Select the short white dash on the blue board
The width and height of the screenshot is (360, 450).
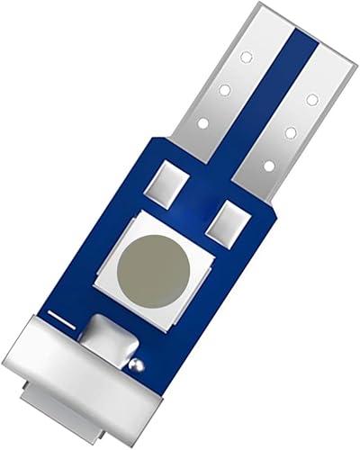click(x=61, y=319)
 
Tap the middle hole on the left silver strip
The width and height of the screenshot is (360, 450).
click(x=224, y=89)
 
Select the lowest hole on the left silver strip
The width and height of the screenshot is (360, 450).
click(x=202, y=123)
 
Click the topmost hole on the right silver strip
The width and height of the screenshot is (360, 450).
click(x=311, y=98)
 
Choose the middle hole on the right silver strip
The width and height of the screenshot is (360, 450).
click(x=291, y=132)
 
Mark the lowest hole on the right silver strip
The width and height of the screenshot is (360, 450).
click(x=269, y=166)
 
